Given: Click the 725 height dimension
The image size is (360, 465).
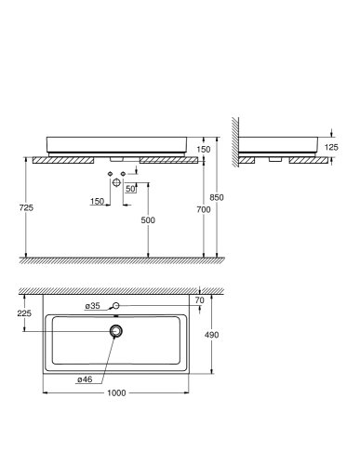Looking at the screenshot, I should tap(25, 209).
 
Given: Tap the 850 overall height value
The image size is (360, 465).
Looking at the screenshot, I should tap(217, 197).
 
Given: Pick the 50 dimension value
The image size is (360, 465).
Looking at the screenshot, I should tap(133, 189).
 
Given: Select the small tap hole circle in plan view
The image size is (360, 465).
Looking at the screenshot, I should tap(116, 305).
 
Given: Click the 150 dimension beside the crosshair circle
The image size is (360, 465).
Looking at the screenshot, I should tap(98, 200).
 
